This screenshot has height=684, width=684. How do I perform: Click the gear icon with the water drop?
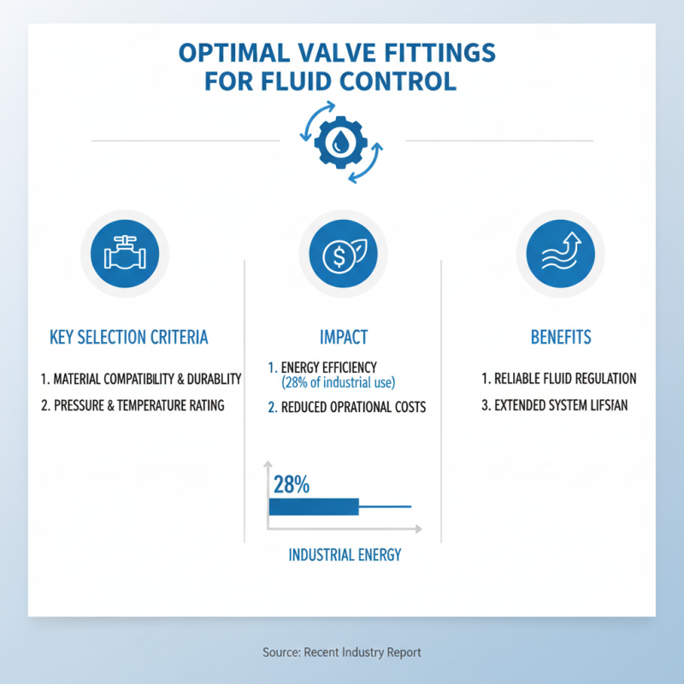click(x=342, y=140)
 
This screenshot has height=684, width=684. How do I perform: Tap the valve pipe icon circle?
click(x=125, y=253)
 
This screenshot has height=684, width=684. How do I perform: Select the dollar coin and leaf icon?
click(x=342, y=253)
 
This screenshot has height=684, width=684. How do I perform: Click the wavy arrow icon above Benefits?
click(x=560, y=253)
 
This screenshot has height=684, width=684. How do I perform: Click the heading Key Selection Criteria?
click(x=128, y=337)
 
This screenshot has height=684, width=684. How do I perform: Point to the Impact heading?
click(x=342, y=337)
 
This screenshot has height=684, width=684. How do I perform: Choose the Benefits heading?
click(x=560, y=337)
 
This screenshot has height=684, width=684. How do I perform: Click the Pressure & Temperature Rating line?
click(x=133, y=405)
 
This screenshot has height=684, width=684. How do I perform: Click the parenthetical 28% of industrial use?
click(x=339, y=382)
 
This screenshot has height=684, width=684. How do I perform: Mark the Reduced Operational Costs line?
click(x=347, y=408)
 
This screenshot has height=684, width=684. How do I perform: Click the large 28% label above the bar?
click(x=291, y=485)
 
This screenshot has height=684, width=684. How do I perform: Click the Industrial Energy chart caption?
click(x=345, y=555)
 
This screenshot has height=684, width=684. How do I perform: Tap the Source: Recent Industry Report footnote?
click(x=342, y=652)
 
